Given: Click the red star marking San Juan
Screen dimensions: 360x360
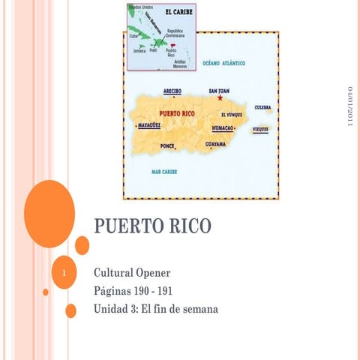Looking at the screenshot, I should pos(220,97).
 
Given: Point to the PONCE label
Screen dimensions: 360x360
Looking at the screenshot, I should pos(167,145).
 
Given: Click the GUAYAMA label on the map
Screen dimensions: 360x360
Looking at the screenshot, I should pos(216,143).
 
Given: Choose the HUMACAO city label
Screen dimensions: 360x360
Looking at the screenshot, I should pos(223,128).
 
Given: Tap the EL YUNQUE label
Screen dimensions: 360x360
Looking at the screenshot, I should pos(232,115).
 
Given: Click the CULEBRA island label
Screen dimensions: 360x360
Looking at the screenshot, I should pos(262,108).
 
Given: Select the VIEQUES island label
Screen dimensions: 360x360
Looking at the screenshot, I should pos(260,129).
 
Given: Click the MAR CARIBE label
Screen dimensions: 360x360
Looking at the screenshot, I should pos(164,172).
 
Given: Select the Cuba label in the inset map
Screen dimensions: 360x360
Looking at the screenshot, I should pos(133,35).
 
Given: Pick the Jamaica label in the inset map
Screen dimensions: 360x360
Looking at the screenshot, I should pos(139,51).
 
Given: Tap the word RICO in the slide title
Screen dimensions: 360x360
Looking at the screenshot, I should pos(187,225).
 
